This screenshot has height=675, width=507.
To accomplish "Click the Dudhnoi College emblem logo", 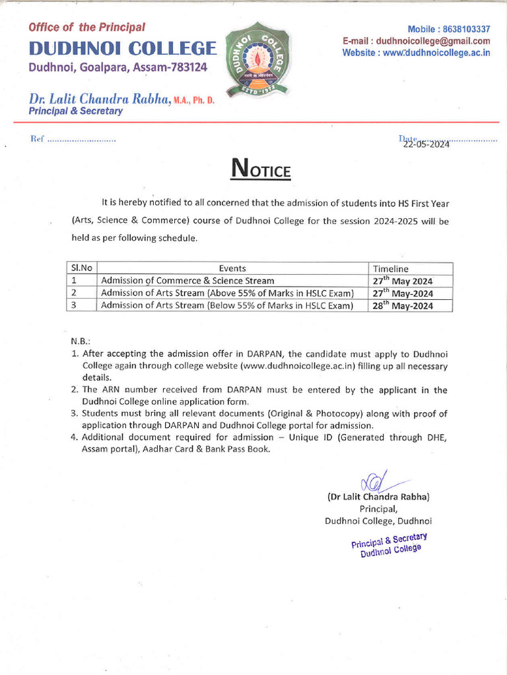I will pyautogui.click(x=256, y=60).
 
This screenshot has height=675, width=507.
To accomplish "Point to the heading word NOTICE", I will pyautogui.click(x=260, y=169).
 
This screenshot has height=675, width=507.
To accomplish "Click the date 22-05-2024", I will pyautogui.click(x=426, y=144).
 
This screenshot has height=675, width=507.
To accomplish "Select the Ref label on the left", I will pyautogui.click(x=37, y=140).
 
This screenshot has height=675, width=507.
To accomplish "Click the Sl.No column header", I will pyautogui.click(x=81, y=268).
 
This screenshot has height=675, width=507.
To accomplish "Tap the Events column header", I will pyautogui.click(x=232, y=268).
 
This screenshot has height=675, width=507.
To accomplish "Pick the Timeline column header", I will pyautogui.click(x=391, y=269).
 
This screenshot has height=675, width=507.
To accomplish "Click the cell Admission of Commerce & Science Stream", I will pyautogui.click(x=187, y=281).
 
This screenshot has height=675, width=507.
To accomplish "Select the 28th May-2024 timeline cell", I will pyautogui.click(x=403, y=305).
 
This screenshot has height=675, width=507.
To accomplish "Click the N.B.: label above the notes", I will pyautogui.click(x=81, y=341).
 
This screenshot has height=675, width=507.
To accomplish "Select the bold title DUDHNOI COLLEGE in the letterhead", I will pyautogui.click(x=122, y=48).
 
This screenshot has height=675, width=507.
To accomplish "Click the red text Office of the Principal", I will pyautogui.click(x=86, y=27).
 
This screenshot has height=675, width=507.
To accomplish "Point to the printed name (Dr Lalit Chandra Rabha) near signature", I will pyautogui.click(x=378, y=496).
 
